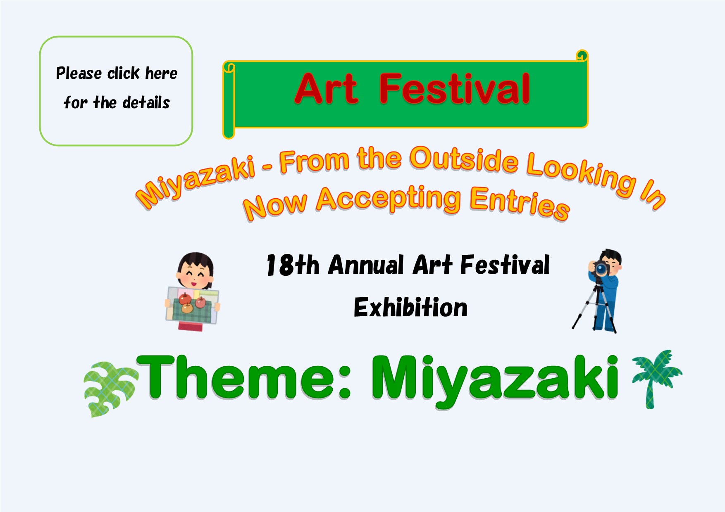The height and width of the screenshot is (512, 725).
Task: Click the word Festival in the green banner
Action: (455, 88)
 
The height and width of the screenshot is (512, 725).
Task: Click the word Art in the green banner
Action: (327, 88)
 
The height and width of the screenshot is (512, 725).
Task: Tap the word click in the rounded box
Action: (123, 73)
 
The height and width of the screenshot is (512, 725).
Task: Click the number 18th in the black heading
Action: (293, 265)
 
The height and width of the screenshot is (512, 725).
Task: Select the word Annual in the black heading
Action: (366, 265)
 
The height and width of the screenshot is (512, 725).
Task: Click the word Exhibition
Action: (410, 308)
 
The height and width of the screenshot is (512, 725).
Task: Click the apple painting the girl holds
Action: (192, 306)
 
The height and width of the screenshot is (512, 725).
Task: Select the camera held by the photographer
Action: (600, 268)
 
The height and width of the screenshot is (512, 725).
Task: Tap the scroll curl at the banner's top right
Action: (582, 56)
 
